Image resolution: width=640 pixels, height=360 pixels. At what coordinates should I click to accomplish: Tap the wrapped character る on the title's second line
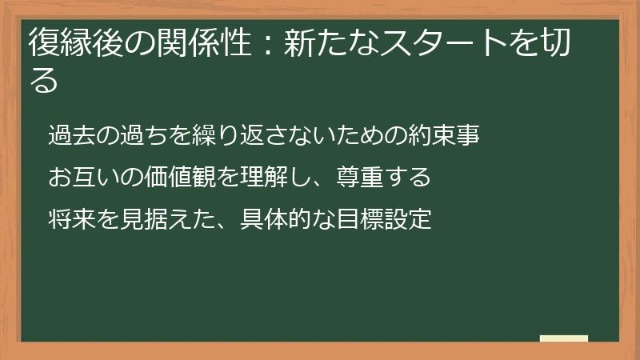45,80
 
